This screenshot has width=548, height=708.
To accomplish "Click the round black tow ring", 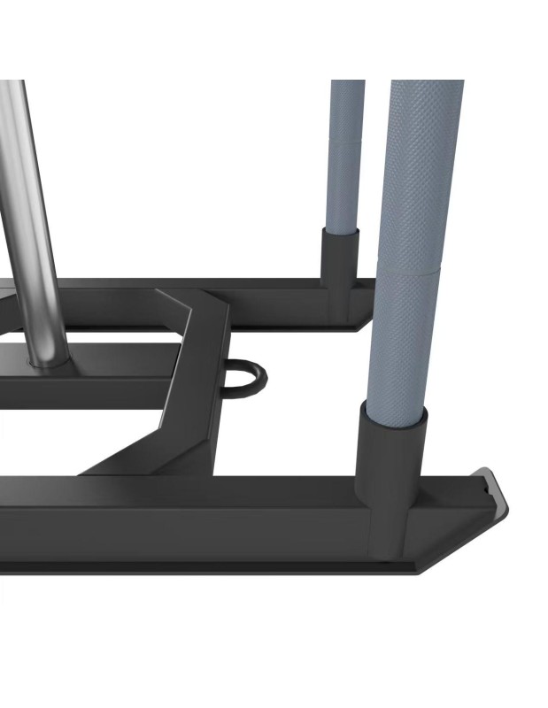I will (246, 376).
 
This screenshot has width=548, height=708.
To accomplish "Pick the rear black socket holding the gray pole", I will (340, 265).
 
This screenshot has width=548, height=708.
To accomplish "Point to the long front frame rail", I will (177, 518).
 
